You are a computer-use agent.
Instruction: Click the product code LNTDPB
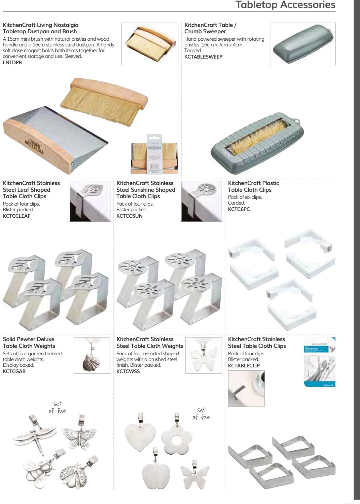[12, 62]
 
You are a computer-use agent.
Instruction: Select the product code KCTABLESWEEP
[203, 57]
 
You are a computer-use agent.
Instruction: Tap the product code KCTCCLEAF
[16, 216]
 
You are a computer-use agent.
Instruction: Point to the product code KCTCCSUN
[130, 216]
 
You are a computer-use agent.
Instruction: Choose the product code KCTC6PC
[239, 209]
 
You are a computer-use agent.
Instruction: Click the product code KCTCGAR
[14, 371]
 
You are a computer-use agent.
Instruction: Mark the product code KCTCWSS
[128, 371]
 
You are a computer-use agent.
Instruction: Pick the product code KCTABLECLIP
[244, 366]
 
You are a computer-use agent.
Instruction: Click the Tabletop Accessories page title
[285, 5]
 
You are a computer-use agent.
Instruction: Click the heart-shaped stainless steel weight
[140, 434]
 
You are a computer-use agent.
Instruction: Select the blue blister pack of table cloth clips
[320, 362]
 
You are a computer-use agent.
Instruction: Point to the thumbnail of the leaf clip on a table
[90, 201]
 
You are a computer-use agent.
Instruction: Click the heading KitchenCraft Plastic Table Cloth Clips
[253, 186]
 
